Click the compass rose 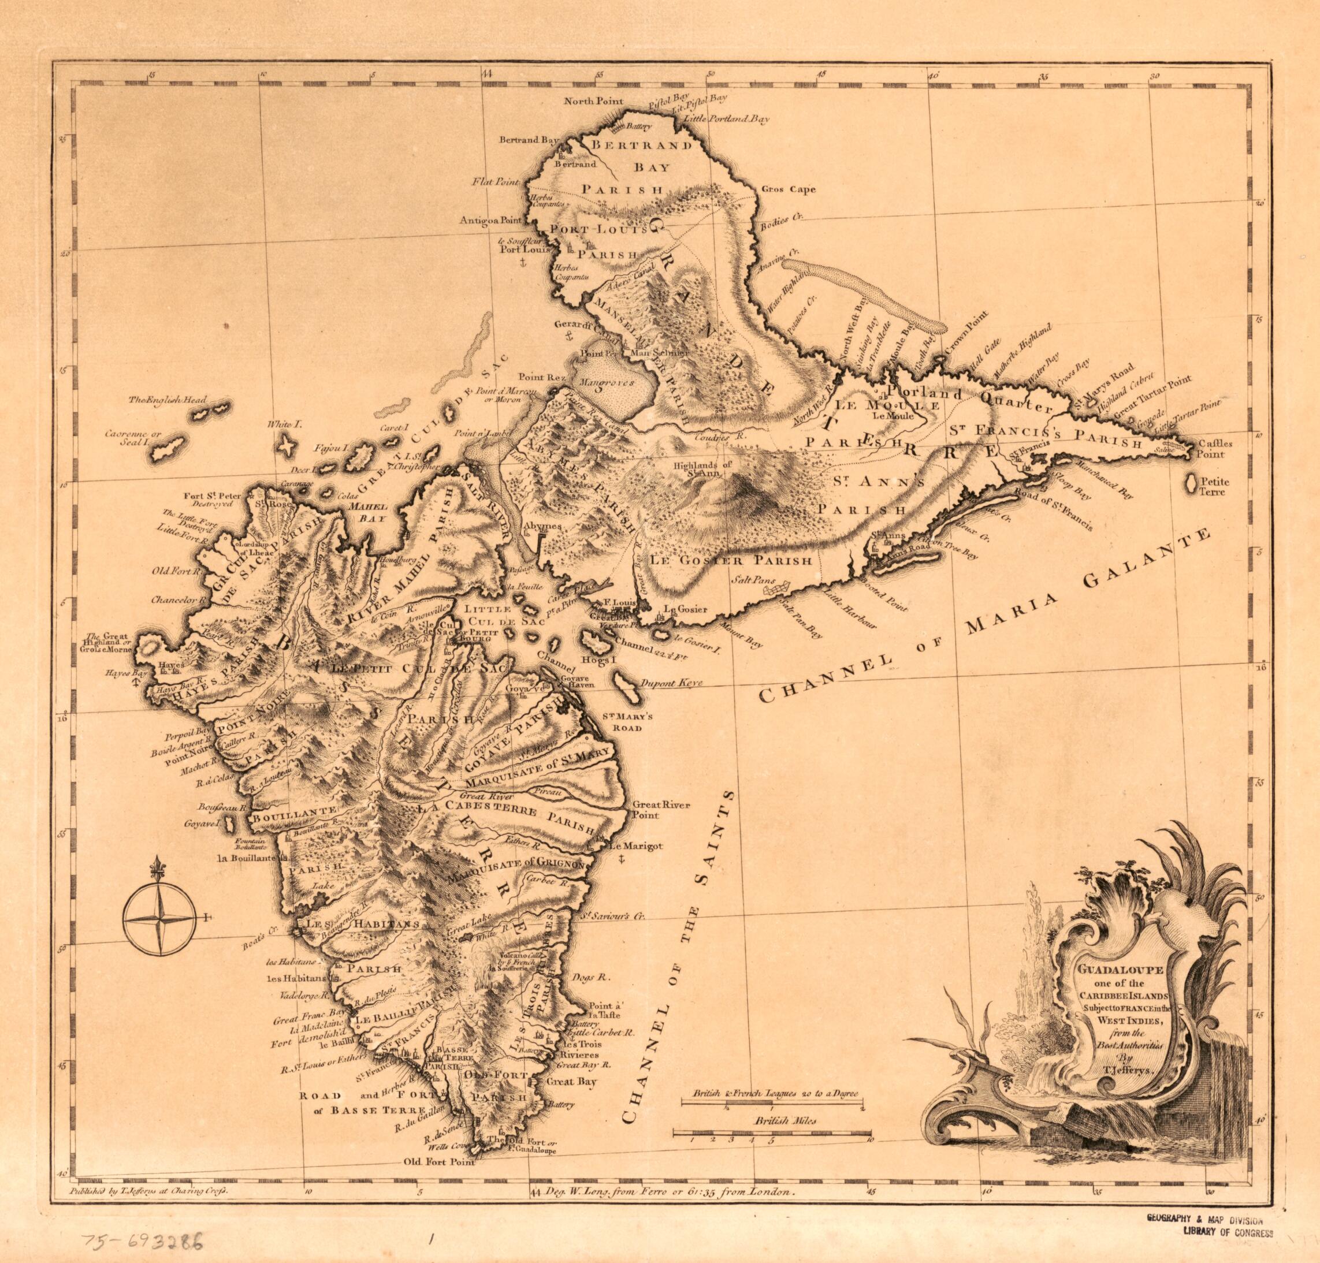160,918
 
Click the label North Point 593,102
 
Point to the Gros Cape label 788,189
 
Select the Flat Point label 495,182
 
